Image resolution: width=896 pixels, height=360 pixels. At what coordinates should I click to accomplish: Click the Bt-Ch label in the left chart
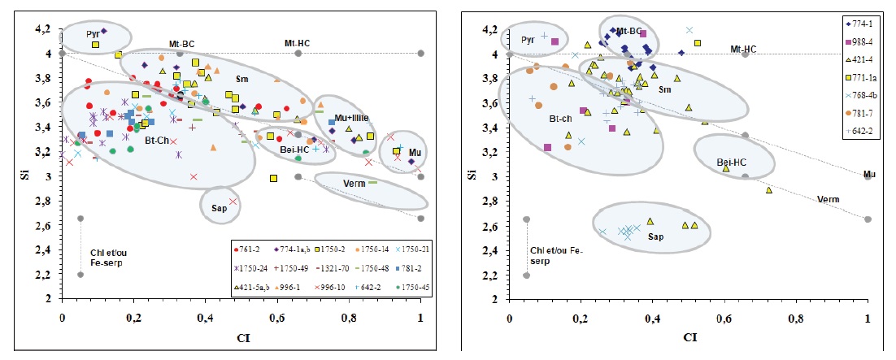pyautogui.click(x=157, y=139)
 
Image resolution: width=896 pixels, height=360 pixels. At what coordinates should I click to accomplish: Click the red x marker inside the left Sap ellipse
pyautogui.click(x=233, y=201)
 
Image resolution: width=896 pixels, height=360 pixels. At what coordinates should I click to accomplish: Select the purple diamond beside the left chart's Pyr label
pyautogui.click(x=104, y=31)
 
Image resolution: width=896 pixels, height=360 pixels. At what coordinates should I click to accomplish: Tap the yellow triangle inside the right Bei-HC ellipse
pyautogui.click(x=726, y=168)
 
